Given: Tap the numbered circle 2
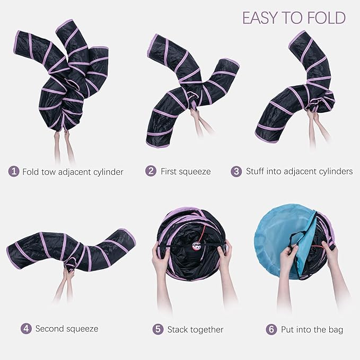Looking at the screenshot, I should pos(152,172).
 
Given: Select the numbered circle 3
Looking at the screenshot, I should pos(236,172).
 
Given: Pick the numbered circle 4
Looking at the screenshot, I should pos(26,329).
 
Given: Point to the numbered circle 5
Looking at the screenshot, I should pos(158,329).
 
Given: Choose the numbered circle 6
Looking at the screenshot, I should pos(272,329).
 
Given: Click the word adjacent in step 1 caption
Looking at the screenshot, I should pos(75,172).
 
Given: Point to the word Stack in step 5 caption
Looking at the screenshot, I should pos(178,329).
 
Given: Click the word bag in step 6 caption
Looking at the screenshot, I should pos(335,329).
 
